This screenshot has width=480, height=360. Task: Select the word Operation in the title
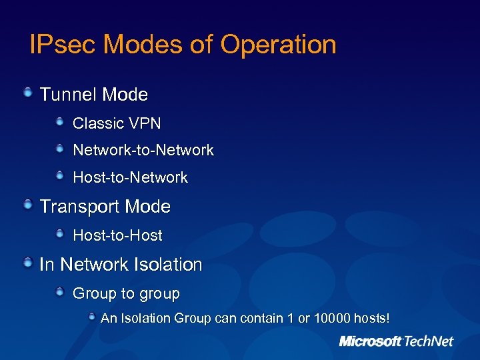[x=278, y=45]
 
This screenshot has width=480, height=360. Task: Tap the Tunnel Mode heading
[x=93, y=95]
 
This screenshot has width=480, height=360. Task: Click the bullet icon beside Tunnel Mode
[x=27, y=93]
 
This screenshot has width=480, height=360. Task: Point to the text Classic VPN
[x=117, y=123]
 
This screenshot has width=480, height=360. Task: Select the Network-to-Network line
[x=143, y=150]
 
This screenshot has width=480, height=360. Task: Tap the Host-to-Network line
[x=130, y=177]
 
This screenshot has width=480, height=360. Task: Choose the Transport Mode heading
[x=105, y=207]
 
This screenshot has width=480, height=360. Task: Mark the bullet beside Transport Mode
[x=27, y=205]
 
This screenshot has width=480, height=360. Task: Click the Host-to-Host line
[x=117, y=235]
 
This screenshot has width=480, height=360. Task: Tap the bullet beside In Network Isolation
[x=27, y=263]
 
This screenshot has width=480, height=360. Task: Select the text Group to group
[x=126, y=293]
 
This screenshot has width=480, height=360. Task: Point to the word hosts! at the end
[x=372, y=319]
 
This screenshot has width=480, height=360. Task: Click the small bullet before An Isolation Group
[x=93, y=317]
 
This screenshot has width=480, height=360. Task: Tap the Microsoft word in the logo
[x=370, y=341]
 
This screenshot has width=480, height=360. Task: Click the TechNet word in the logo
[x=429, y=341]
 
